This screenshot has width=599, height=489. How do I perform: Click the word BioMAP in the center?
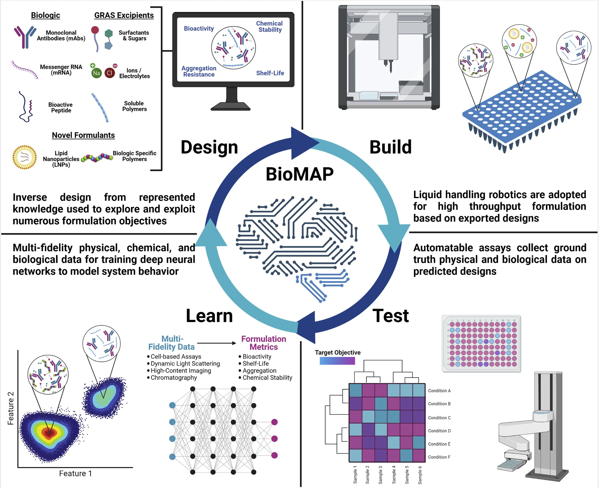[x=299, y=174]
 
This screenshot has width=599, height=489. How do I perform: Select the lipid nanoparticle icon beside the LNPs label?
[x=24, y=157]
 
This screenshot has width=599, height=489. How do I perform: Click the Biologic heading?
[x=45, y=15]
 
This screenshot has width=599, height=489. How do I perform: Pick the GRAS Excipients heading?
[x=124, y=15]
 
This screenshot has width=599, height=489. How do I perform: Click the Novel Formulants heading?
[x=83, y=135]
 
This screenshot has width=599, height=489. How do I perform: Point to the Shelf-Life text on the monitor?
[x=270, y=73]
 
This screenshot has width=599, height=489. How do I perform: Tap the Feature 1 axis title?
[x=75, y=473]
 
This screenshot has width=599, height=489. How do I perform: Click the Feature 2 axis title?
[x=10, y=408]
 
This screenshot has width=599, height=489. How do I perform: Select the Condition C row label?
[x=439, y=418]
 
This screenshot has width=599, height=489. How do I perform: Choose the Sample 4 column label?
[x=393, y=475]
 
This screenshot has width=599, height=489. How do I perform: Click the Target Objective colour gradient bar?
[x=337, y=361]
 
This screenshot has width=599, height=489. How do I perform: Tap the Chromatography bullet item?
[x=174, y=378]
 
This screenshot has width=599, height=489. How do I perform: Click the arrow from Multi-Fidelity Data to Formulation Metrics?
[x=217, y=343]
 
